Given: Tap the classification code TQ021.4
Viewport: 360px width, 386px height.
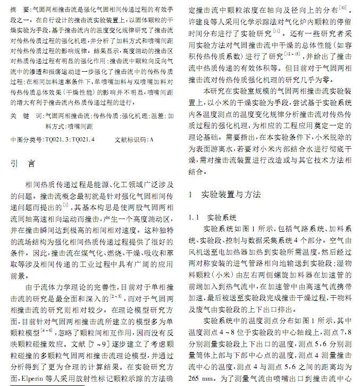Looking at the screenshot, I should [x=82, y=139].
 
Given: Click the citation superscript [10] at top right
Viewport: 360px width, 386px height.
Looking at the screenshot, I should [x=344, y=7].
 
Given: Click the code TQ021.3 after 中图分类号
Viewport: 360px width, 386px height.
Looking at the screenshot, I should [x=57, y=139].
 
